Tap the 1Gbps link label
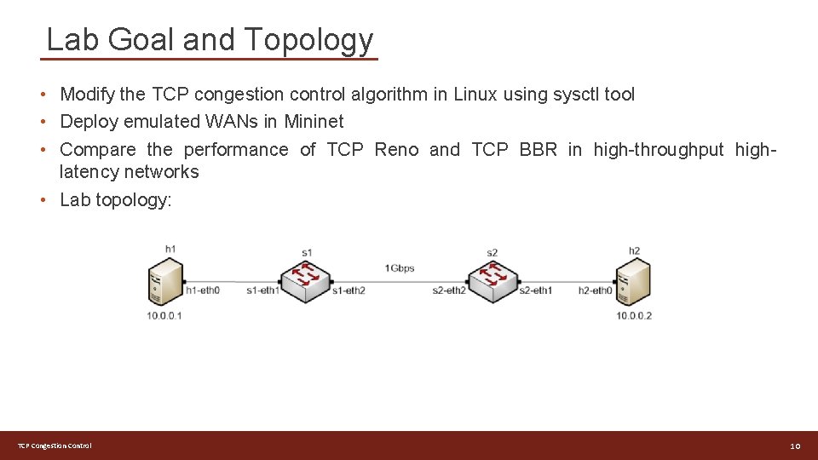pyautogui.click(x=399, y=268)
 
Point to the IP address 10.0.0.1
pyautogui.click(x=164, y=316)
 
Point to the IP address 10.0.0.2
pyautogui.click(x=634, y=316)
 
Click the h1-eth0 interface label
pyautogui.click(x=203, y=291)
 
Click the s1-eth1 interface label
pyautogui.click(x=262, y=291)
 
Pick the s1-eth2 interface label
pyautogui.click(x=349, y=291)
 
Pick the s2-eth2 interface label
pyautogui.click(x=449, y=291)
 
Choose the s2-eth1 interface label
pyautogui.click(x=536, y=291)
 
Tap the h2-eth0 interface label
pyautogui.click(x=595, y=291)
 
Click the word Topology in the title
pyautogui.click(x=308, y=40)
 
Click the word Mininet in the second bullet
pyautogui.click(x=314, y=122)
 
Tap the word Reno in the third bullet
pyautogui.click(x=396, y=150)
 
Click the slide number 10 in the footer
pyautogui.click(x=795, y=446)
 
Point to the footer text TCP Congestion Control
pyautogui.click(x=55, y=446)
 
